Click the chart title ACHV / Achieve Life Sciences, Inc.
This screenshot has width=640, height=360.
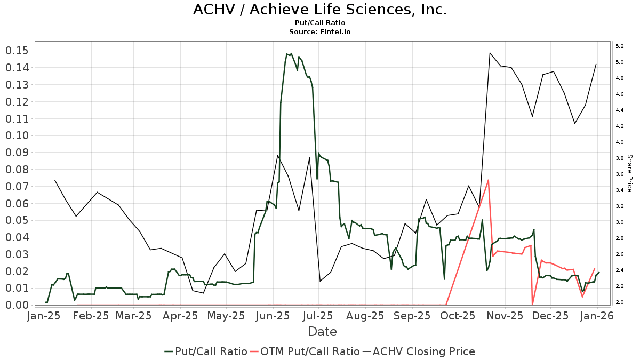tap(320, 10)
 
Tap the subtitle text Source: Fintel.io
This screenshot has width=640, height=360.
tap(320, 31)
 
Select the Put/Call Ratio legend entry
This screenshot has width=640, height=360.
tap(206, 351)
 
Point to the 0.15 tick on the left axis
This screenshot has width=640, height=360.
tap(17, 51)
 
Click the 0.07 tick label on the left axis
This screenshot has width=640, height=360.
tap(17, 187)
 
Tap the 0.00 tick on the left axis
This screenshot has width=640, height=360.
tap(17, 305)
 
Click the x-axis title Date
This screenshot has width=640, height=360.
tap(322, 332)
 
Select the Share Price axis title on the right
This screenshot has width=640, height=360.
tap(629, 173)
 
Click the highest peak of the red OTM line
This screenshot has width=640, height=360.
tap(488, 180)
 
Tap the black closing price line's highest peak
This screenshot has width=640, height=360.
tap(490, 53)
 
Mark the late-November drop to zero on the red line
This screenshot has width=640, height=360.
tap(532, 305)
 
